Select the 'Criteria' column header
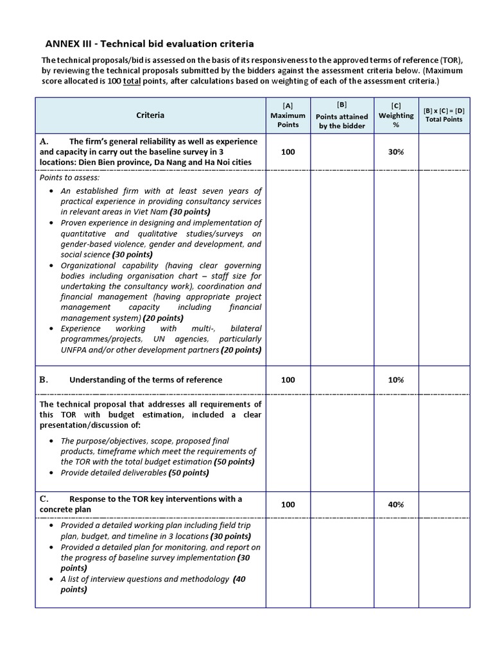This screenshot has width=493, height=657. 150,115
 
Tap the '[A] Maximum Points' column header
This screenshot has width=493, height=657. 288,115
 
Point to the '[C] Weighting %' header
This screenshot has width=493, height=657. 396,115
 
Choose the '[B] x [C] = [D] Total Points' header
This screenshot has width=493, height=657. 444,115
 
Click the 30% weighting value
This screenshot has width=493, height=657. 396,151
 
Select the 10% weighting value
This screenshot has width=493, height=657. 396,380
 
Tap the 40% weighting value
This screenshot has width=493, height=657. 396,504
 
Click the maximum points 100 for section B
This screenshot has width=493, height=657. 288,380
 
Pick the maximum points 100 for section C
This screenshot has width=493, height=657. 288,504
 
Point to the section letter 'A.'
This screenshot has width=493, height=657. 44,141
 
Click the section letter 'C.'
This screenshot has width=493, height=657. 44,499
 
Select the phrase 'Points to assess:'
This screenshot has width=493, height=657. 70,177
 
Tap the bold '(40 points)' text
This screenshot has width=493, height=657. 239,579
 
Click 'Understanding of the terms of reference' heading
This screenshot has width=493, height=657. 146,380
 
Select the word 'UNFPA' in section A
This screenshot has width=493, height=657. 76,350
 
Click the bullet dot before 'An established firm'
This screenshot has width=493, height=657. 51,191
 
